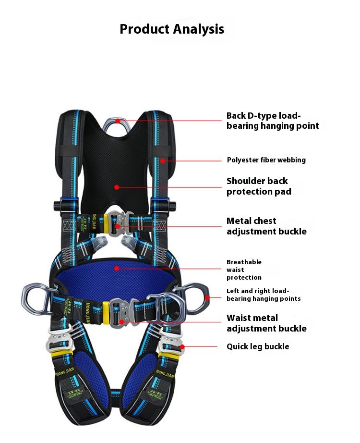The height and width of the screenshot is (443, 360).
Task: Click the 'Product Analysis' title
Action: pos(172,29)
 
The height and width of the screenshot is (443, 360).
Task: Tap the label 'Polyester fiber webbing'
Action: pos(266,160)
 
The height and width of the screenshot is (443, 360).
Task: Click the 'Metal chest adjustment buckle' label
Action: pos(266,226)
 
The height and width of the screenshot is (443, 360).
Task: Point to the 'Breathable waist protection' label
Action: pos(244,270)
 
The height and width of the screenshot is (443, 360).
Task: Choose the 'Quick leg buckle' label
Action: pos(258,346)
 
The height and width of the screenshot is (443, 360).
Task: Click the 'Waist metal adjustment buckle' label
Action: pos(266,323)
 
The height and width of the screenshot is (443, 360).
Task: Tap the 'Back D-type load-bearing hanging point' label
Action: pos(272,121)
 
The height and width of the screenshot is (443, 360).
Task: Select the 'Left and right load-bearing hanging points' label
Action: pos(264,295)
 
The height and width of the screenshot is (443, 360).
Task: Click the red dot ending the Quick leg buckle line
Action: pos(182,346)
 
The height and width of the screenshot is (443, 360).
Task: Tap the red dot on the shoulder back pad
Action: pos(117,187)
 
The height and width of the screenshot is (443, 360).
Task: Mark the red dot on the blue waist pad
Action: pos(116,268)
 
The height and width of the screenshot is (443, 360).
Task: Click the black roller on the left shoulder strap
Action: pos(58,206)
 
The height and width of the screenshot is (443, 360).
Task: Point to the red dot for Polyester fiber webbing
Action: pos(163,160)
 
